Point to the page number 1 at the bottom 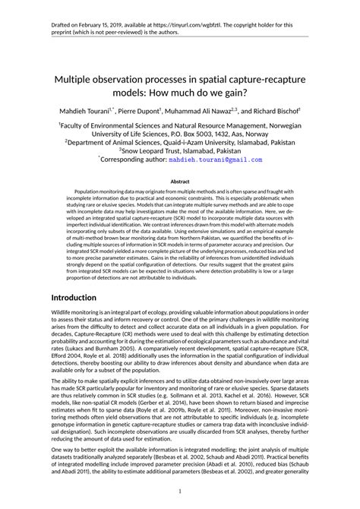[180, 492]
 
